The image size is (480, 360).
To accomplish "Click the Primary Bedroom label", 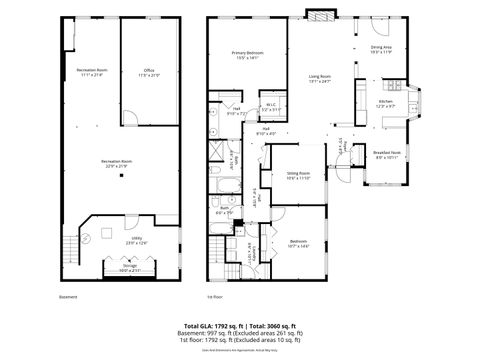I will point(247,53).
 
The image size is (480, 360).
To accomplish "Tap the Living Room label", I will point(320,77).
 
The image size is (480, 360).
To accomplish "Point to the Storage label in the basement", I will point(130,266).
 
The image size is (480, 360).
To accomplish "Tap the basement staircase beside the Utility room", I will point(68,244).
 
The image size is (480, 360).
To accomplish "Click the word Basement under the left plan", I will point(69,297).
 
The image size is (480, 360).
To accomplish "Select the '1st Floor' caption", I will point(213,297).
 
